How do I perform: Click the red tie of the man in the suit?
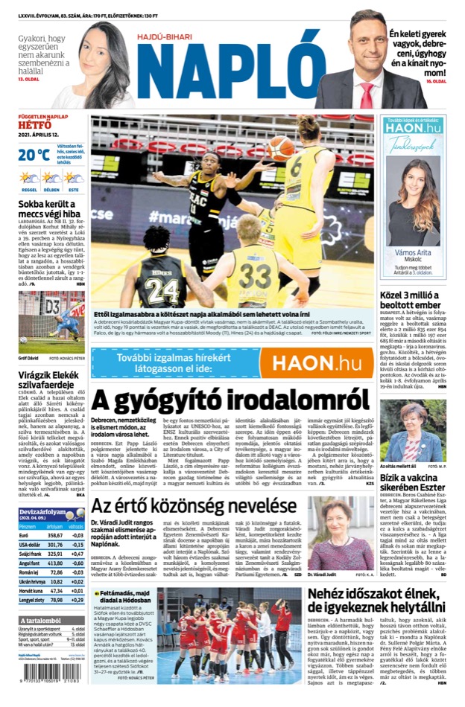366,97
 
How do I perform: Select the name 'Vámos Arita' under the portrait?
414,253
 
